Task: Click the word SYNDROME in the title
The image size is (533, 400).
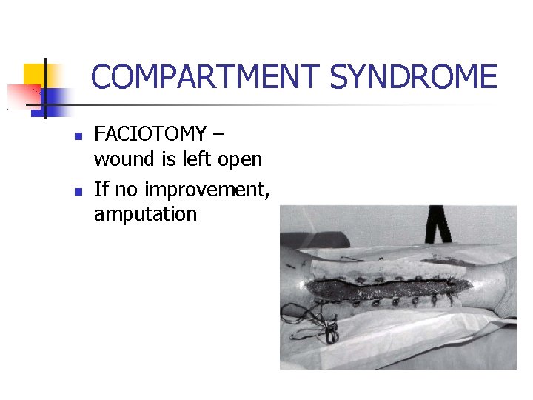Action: (414, 77)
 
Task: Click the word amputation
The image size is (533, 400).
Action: (145, 215)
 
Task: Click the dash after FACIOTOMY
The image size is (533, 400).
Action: (221, 135)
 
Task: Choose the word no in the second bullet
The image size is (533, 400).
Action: (127, 189)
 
